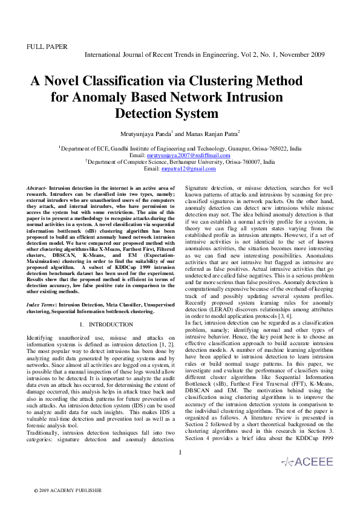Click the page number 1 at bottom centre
tap(180, 452)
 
